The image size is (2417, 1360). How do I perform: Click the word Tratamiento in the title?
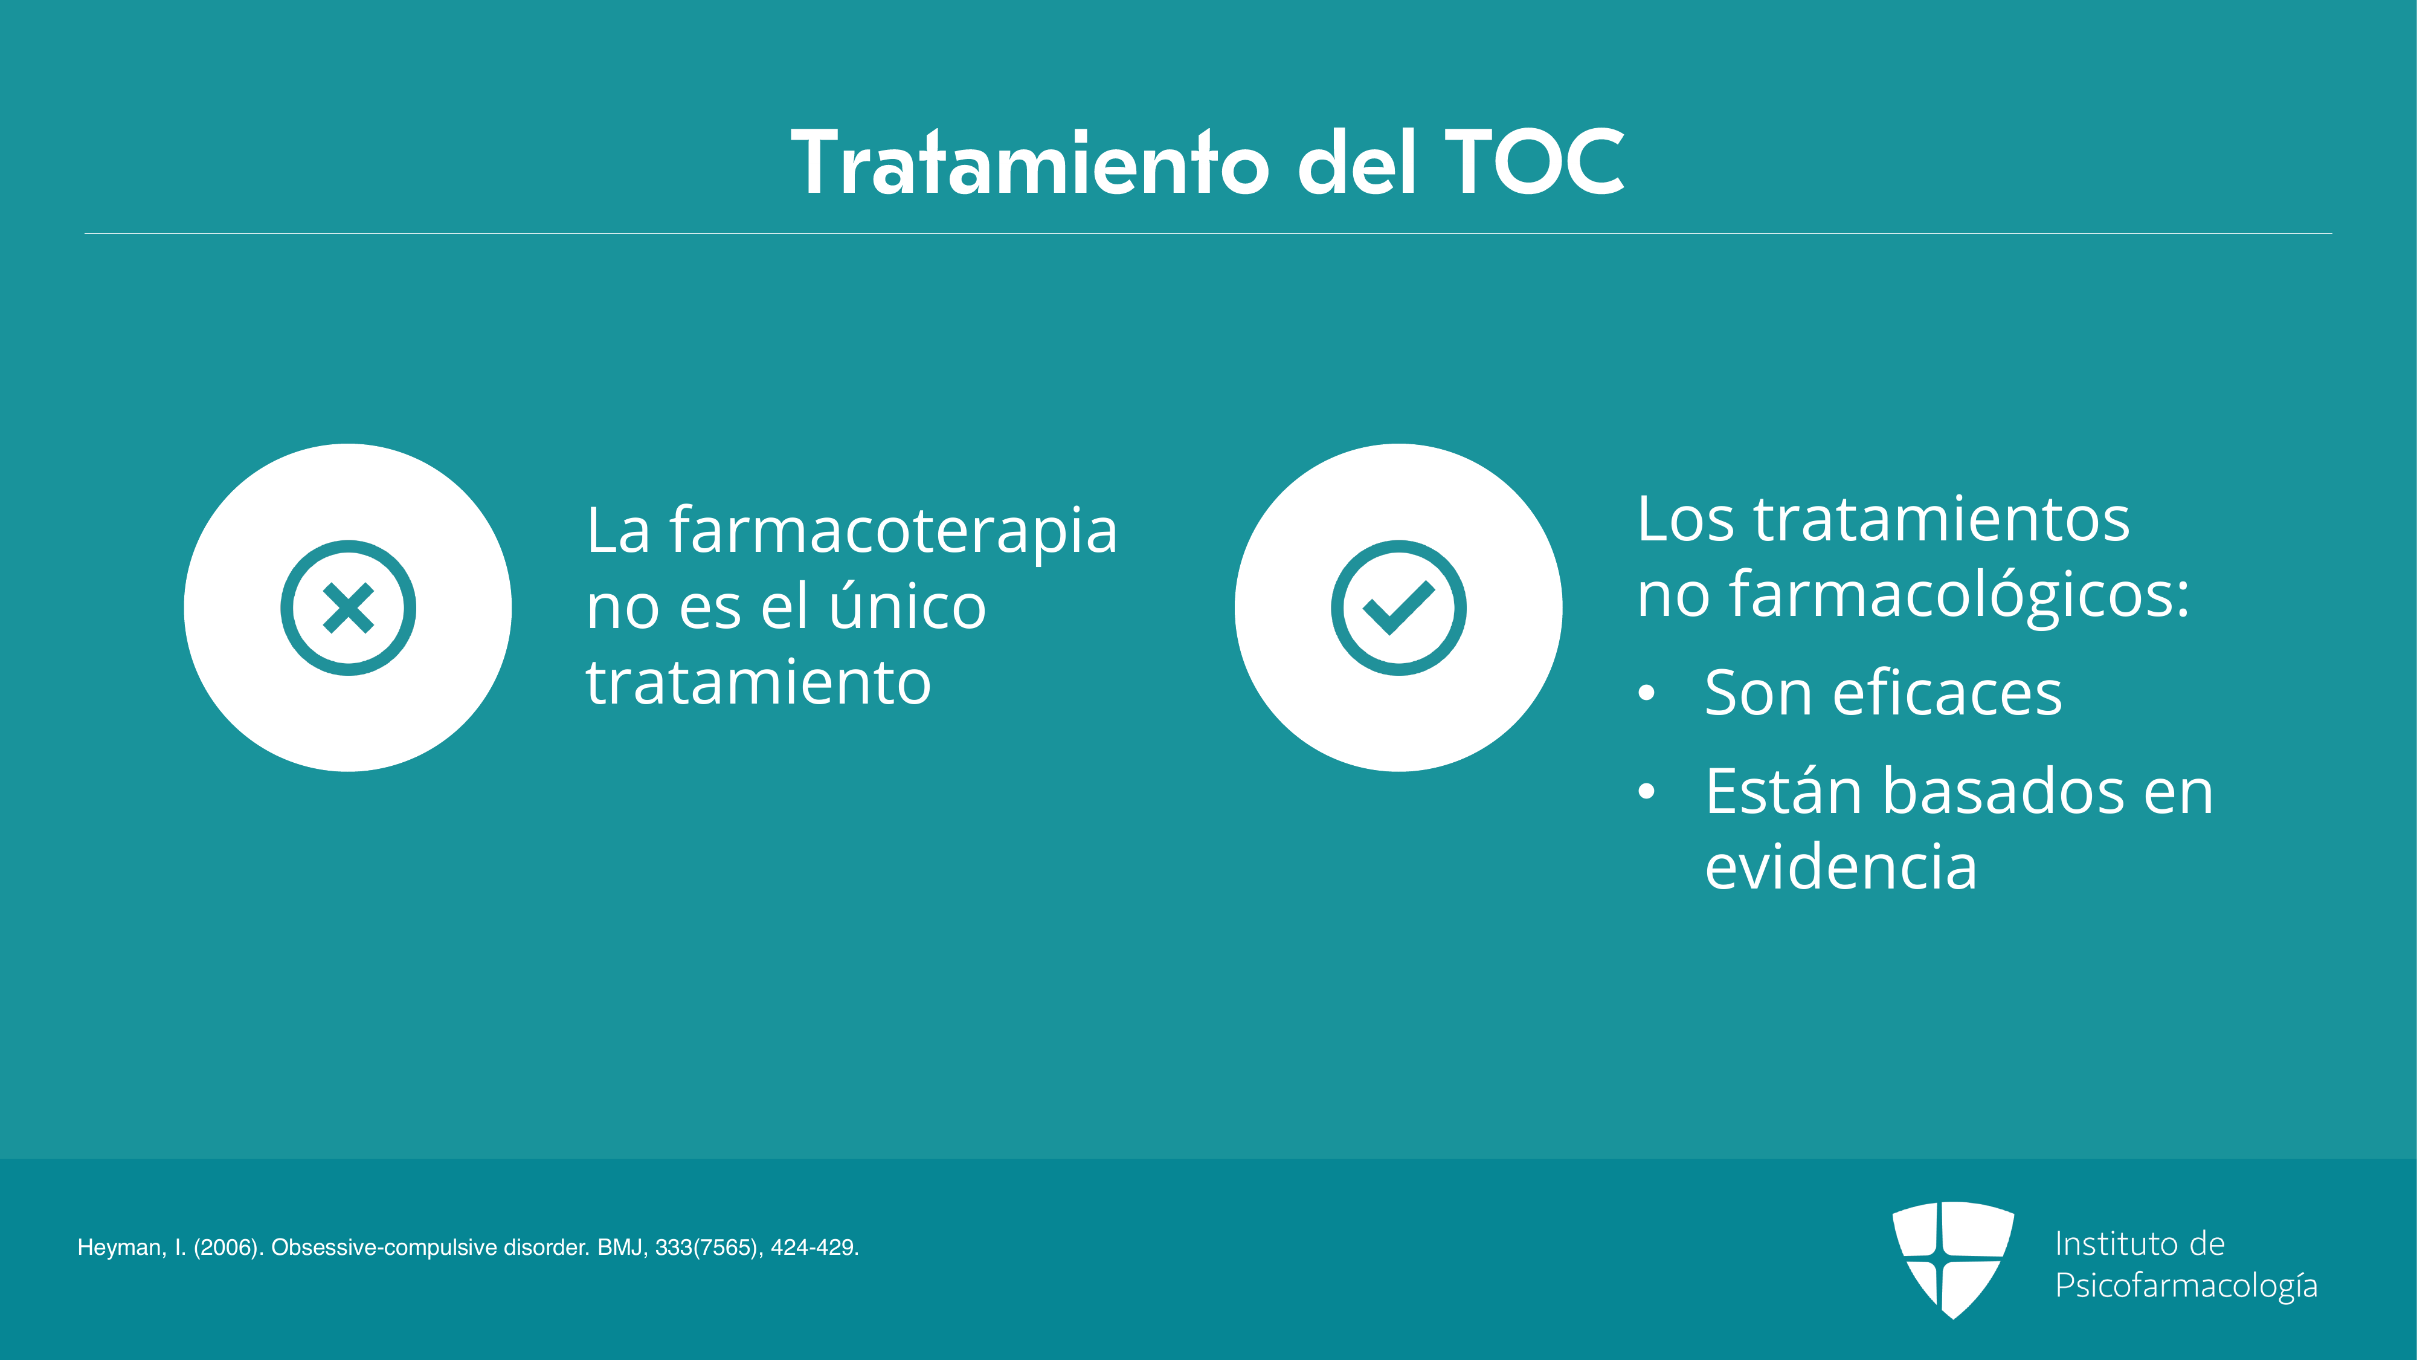click(x=1030, y=163)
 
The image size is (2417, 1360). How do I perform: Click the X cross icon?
click(x=348, y=607)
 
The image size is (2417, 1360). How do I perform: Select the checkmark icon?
click(x=1398, y=607)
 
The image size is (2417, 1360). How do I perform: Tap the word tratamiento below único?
click(x=758, y=682)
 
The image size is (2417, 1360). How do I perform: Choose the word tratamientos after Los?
click(x=1942, y=519)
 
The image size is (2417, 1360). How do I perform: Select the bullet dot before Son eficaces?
click(x=1646, y=694)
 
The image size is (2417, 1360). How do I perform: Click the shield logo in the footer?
click(x=1952, y=1260)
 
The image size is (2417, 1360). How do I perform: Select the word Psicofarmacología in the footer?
click(x=2186, y=1286)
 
